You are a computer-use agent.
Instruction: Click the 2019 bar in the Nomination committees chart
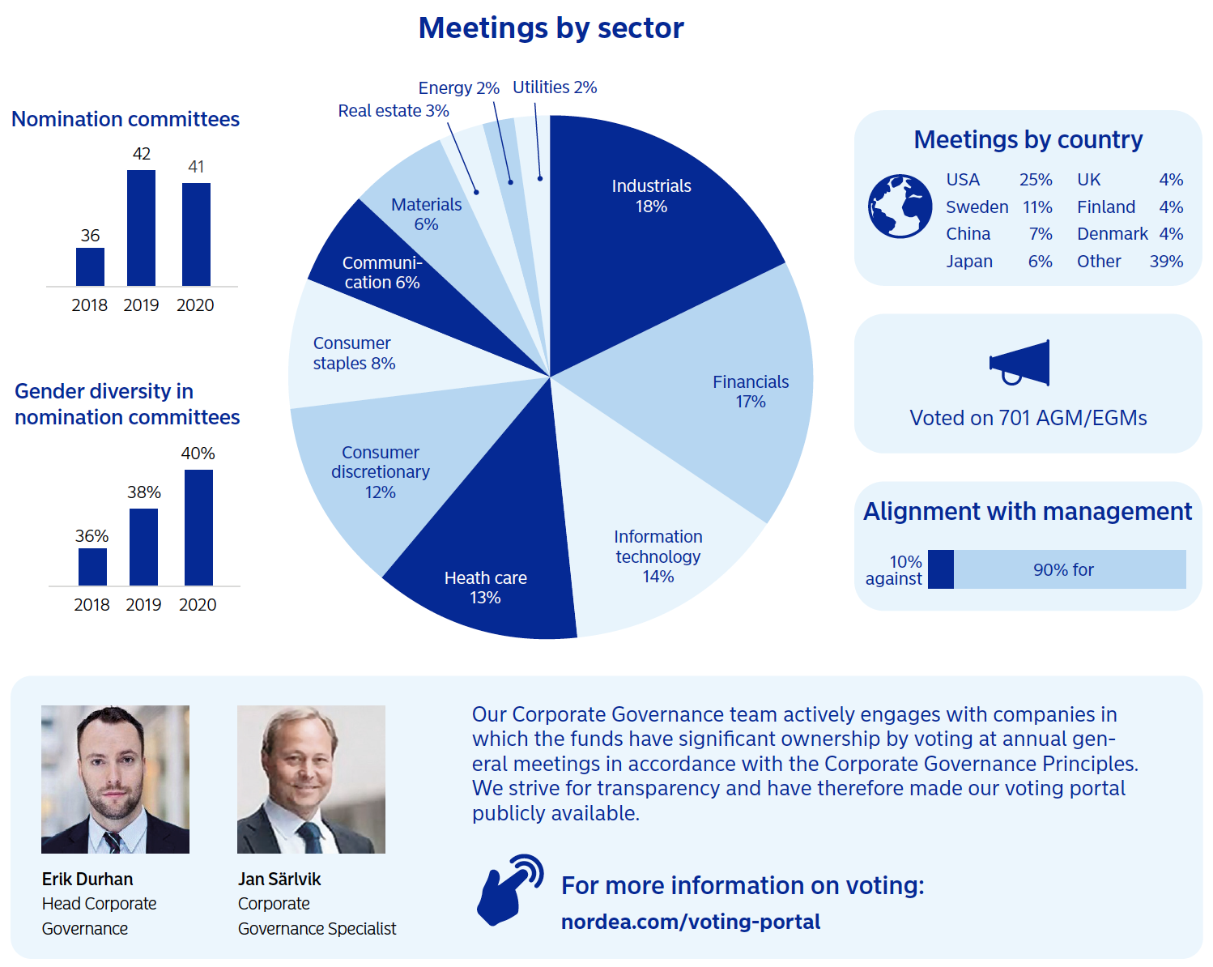coord(141,228)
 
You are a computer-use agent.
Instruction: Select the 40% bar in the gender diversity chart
coord(198,527)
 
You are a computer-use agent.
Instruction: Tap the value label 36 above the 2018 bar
coord(90,236)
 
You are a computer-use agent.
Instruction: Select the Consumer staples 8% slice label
coord(354,353)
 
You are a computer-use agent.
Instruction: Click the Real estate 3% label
coord(393,111)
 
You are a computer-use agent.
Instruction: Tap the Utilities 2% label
coord(555,87)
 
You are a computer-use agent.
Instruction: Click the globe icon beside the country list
coord(900,207)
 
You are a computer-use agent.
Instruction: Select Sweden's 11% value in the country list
coord(1037,207)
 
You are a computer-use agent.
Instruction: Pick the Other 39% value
coord(1166,262)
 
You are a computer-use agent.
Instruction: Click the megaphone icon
coord(1019,364)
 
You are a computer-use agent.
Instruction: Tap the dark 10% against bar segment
coord(940,569)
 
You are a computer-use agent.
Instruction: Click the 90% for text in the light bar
coord(1063,570)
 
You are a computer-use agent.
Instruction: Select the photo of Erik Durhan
coord(115,779)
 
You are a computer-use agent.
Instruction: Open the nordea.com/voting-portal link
coord(690,922)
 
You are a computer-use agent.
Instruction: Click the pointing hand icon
coord(509,889)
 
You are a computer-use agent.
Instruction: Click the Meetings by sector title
coord(551,28)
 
